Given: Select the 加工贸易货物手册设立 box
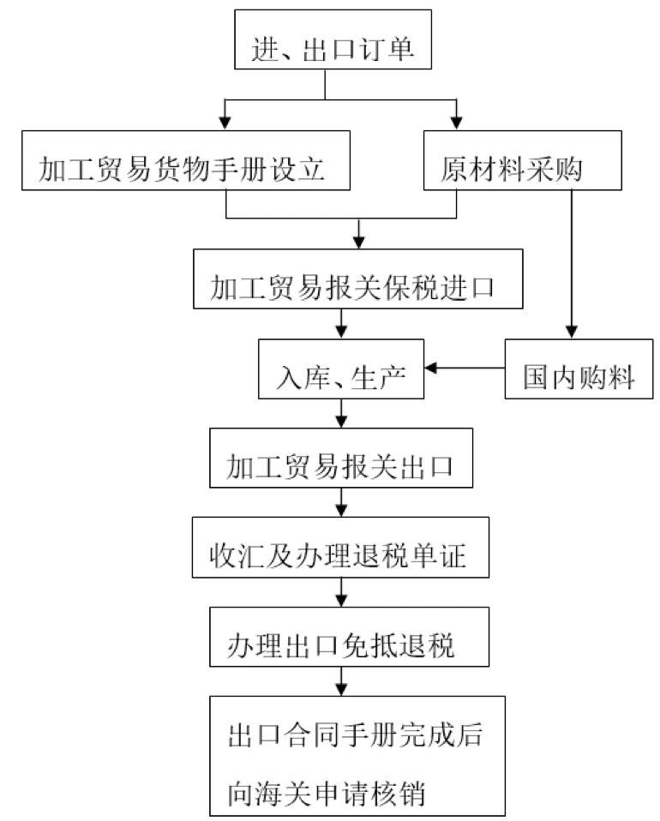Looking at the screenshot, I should [x=184, y=160].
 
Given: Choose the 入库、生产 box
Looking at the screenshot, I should [x=342, y=369].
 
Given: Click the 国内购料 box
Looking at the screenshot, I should [x=571, y=369].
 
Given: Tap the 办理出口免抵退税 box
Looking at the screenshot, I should [x=342, y=637].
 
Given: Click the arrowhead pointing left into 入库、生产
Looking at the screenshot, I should [x=432, y=369].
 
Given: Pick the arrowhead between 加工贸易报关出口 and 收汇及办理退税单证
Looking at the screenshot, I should [x=342, y=512].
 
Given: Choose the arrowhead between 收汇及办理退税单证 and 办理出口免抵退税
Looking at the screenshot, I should [x=342, y=600].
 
